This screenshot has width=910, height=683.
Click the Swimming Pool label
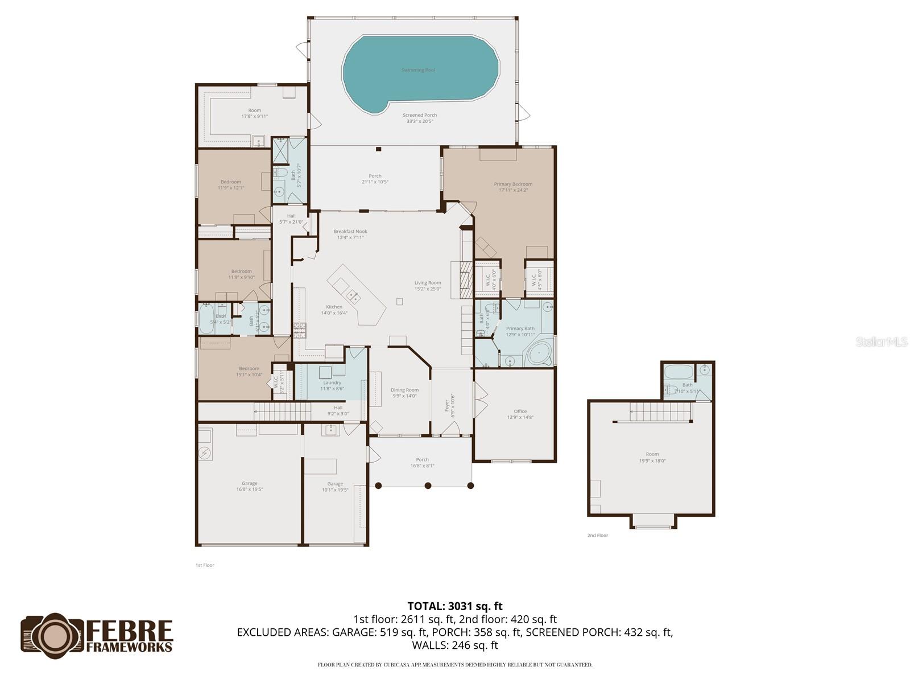coord(418,70)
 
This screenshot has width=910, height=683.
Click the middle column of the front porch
coord(428,485)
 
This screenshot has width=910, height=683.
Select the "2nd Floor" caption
coord(598,536)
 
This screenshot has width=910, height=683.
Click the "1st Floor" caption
coord(205,565)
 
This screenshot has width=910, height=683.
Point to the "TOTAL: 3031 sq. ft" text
coord(455,606)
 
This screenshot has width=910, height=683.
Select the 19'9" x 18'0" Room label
coord(652,458)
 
